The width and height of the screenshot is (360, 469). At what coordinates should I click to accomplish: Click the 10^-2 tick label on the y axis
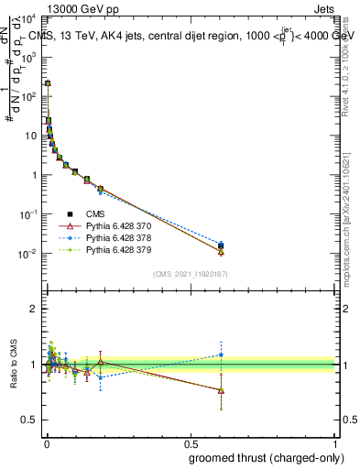[28, 254]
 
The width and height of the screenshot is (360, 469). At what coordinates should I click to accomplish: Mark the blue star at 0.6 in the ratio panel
[221, 354]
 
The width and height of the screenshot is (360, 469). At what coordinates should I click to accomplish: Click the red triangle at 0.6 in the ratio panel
[221, 390]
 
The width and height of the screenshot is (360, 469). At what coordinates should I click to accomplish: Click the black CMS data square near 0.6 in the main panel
[221, 245]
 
